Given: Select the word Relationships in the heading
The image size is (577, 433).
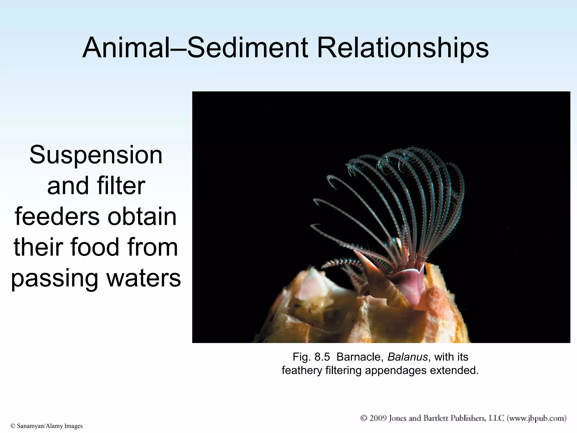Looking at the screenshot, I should tap(403, 48).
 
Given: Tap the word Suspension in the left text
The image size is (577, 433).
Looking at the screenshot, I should tap(96, 155).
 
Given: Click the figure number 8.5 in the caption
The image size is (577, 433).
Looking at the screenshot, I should tap(322, 357).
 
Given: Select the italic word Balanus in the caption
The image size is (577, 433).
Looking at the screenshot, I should tap(407, 357).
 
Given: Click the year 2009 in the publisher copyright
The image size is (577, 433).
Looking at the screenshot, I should tap(378, 418).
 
